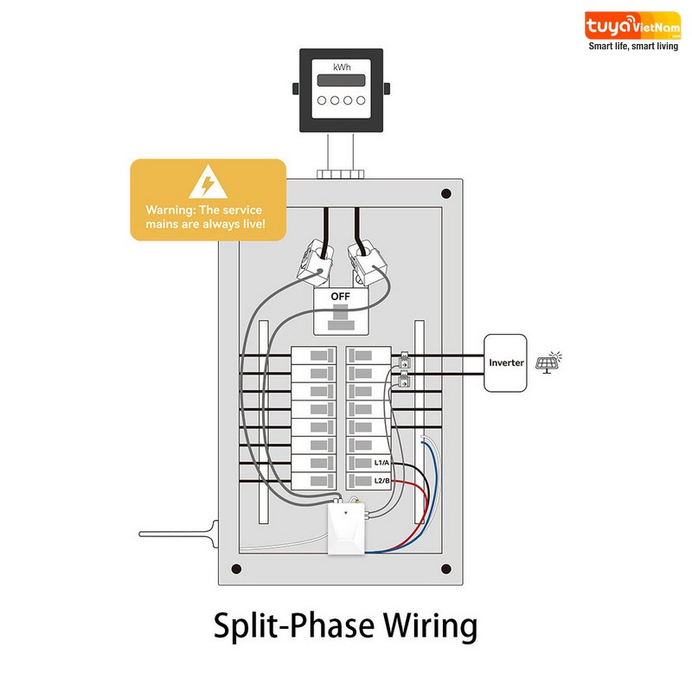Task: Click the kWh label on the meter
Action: pos(342,67)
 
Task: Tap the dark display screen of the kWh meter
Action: pos(341,80)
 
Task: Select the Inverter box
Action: pos(505,362)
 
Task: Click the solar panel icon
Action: pos(548,362)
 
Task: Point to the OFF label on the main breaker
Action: pos(340,297)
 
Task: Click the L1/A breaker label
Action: pos(381,463)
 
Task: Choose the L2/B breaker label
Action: pos(381,481)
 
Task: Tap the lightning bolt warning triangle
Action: pos(208,182)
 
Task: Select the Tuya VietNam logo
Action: pos(632,26)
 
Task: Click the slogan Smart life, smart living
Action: pos(633,47)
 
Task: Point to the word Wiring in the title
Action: pos(430,625)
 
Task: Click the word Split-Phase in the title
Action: pos(294,625)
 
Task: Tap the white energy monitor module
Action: pos(346,529)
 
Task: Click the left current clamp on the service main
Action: pos(315,262)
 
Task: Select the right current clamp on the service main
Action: pos(367,262)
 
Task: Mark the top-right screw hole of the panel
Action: pos(446,193)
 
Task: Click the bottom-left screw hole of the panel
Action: pos(236,568)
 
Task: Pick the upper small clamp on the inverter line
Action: pos(404,361)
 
